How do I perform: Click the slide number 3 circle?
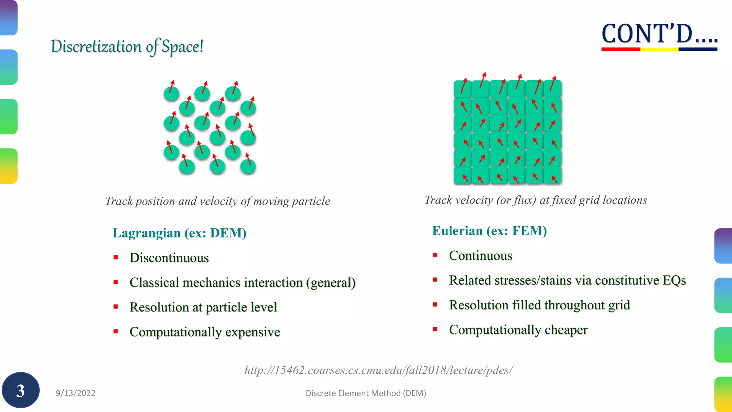click(20, 390)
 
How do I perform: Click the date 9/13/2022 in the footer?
click(75, 393)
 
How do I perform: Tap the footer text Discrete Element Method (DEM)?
click(366, 393)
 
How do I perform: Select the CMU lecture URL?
click(379, 370)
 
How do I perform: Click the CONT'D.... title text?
click(659, 34)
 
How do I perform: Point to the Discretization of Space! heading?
click(127, 46)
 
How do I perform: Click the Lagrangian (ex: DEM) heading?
click(179, 233)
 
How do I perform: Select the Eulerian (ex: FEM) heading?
click(489, 231)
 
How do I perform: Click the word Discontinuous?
click(169, 257)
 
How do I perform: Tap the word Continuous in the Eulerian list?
click(480, 255)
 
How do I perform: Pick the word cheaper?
click(566, 330)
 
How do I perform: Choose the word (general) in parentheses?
click(331, 283)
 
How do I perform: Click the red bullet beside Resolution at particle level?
click(115, 306)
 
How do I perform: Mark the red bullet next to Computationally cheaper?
click(435, 329)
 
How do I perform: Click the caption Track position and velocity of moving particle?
click(218, 201)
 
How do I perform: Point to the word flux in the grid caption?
click(525, 200)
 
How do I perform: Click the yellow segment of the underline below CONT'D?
click(659, 49)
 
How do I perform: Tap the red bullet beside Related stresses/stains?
click(435, 280)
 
